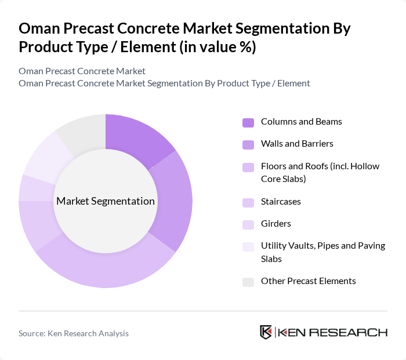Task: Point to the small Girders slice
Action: tap(28, 188)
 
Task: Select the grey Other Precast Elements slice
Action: tap(82, 130)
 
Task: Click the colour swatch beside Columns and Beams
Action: tap(248, 122)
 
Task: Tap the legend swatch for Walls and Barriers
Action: tap(248, 144)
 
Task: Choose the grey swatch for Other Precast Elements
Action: tap(248, 282)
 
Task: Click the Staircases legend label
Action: tap(281, 202)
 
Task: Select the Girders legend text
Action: tap(276, 224)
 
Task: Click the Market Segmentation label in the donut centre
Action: tap(106, 201)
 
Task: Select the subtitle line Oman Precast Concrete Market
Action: tap(82, 71)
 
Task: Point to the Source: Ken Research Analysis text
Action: tap(74, 333)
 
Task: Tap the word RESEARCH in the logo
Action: tap(353, 332)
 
